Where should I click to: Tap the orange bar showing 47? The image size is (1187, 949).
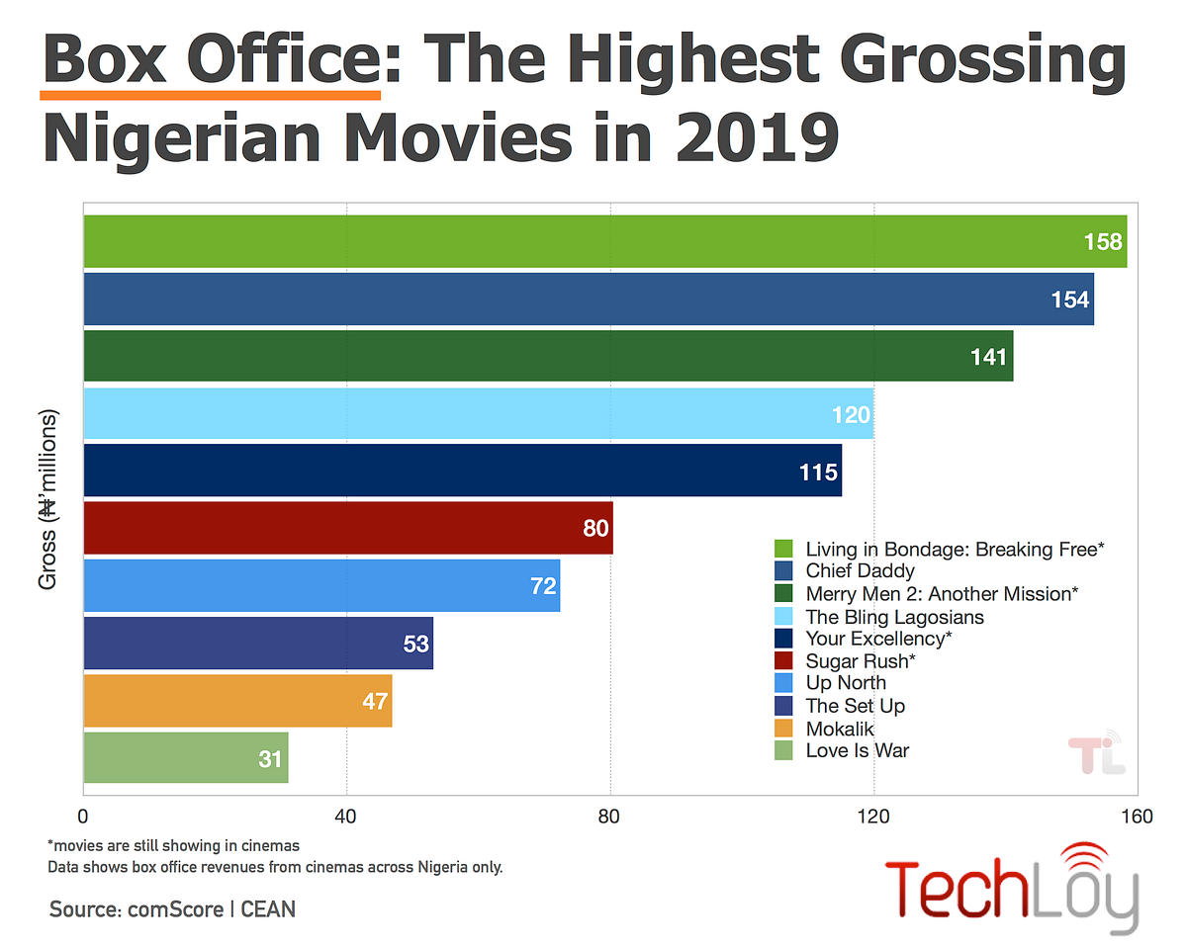click(237, 700)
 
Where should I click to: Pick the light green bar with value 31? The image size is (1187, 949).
click(186, 758)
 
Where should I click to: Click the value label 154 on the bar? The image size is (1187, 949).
click(1068, 300)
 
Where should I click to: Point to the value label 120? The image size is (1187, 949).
click(850, 414)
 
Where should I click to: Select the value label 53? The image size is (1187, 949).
click(415, 644)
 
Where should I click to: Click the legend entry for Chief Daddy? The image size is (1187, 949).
click(860, 570)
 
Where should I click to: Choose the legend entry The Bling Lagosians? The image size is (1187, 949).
click(894, 616)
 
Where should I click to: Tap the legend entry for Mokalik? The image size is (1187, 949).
click(839, 729)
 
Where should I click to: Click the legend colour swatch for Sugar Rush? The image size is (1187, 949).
click(783, 660)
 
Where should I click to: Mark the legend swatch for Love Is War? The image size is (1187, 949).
click(783, 750)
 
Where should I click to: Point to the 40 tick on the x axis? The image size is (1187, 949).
click(347, 817)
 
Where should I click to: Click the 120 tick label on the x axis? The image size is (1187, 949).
click(873, 817)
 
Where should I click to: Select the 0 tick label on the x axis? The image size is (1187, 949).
click(84, 817)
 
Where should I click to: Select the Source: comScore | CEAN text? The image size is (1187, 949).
click(172, 907)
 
